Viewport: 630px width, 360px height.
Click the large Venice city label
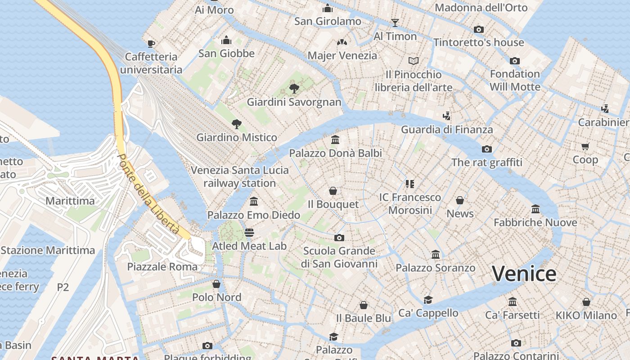click(524, 274)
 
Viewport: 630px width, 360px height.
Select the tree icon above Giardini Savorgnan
click(294, 88)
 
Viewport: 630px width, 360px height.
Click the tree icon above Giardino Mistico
click(236, 124)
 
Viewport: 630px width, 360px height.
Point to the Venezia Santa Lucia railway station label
click(239, 176)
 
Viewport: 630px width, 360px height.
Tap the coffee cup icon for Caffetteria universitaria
click(151, 44)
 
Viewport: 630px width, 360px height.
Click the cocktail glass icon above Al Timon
click(395, 23)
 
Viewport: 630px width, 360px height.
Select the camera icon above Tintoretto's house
click(479, 29)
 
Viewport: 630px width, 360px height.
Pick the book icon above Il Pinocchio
click(414, 61)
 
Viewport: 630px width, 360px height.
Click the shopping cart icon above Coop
click(585, 146)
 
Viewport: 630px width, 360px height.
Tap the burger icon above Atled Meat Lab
click(249, 233)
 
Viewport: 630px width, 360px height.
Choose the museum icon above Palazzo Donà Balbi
click(335, 140)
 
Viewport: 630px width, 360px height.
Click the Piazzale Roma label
click(162, 266)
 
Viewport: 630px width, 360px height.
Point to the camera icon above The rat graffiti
click(486, 149)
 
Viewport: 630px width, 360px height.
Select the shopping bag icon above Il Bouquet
click(333, 191)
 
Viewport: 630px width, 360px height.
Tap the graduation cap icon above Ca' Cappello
click(428, 300)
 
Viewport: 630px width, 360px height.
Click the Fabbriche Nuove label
click(535, 222)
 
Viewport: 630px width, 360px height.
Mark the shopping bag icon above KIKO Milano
click(586, 302)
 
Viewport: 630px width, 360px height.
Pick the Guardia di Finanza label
click(446, 130)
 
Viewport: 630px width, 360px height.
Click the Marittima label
click(70, 201)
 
